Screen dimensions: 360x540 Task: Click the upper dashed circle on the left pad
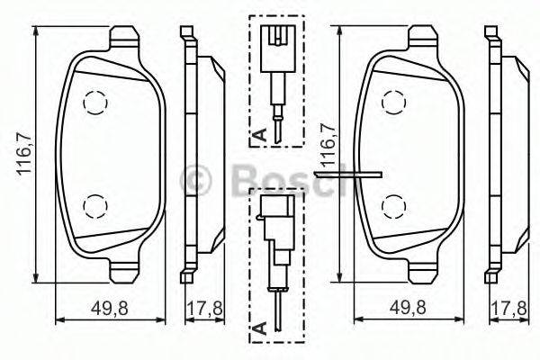pos(92,104)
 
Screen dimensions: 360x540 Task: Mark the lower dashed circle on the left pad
pos(92,206)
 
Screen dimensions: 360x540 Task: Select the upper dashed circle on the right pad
pos(393,104)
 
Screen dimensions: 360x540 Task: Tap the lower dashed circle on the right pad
pos(393,206)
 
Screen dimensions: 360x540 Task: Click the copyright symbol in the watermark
pos(199,181)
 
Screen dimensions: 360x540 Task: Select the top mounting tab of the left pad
pos(124,39)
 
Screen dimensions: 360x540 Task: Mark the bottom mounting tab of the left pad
pos(124,267)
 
